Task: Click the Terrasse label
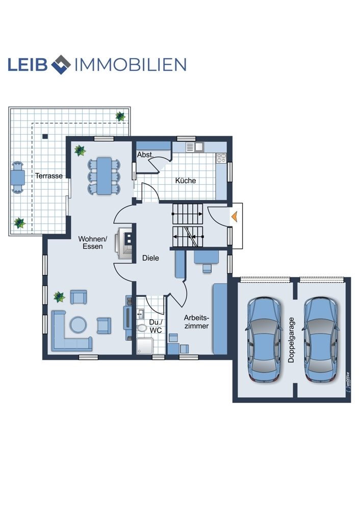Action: pos(49,175)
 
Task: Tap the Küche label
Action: pos(186,180)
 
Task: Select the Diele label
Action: pos(150,258)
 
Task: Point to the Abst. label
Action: pos(145,155)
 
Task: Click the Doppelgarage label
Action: pos(291,340)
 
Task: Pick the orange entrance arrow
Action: pos(234,216)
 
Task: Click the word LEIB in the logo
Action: pos(28,64)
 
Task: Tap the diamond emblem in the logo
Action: pos(61,64)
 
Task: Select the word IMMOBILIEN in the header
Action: pos(131,64)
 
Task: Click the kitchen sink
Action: pos(194,147)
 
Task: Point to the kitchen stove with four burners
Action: pos(221,158)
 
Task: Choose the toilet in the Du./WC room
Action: pos(142,327)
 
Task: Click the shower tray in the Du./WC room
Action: pos(144,346)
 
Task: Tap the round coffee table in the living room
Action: pos(79,324)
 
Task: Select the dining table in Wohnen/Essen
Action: pos(104,176)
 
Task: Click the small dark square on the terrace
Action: pos(45,136)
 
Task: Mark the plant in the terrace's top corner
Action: pos(121,116)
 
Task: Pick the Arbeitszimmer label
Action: pos(196,322)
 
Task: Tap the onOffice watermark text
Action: pos(348,382)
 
